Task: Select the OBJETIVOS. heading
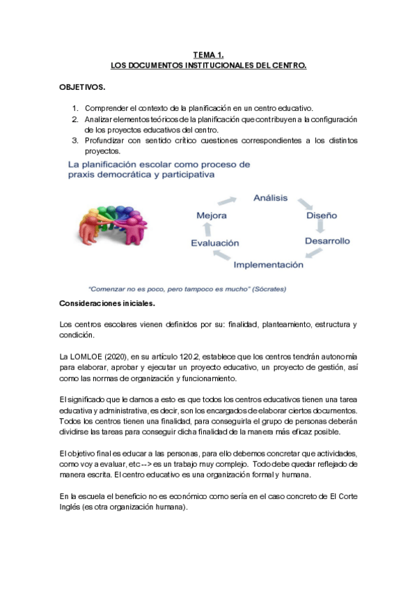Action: point(82,89)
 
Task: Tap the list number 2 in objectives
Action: point(76,119)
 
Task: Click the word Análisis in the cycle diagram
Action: point(269,198)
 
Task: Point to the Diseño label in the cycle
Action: point(323,215)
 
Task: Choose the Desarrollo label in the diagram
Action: point(327,241)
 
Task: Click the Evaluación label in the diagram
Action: point(214,243)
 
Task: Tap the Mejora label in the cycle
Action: point(212,216)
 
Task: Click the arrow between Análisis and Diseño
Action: point(304,204)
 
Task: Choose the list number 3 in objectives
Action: point(76,140)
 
